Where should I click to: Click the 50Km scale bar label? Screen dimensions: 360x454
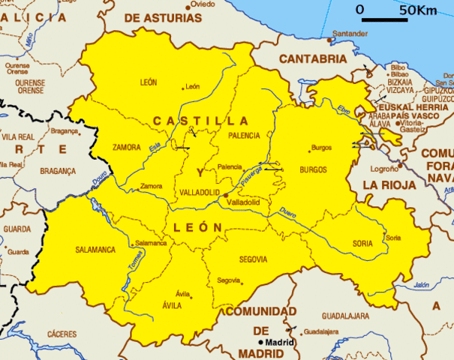(x=417, y=10)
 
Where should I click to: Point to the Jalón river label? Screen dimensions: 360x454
(x=420, y=285)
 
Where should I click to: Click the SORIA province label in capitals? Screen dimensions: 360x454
(x=362, y=244)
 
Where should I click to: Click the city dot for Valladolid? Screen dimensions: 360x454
(x=225, y=194)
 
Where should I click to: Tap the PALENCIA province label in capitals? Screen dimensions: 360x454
(x=244, y=136)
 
